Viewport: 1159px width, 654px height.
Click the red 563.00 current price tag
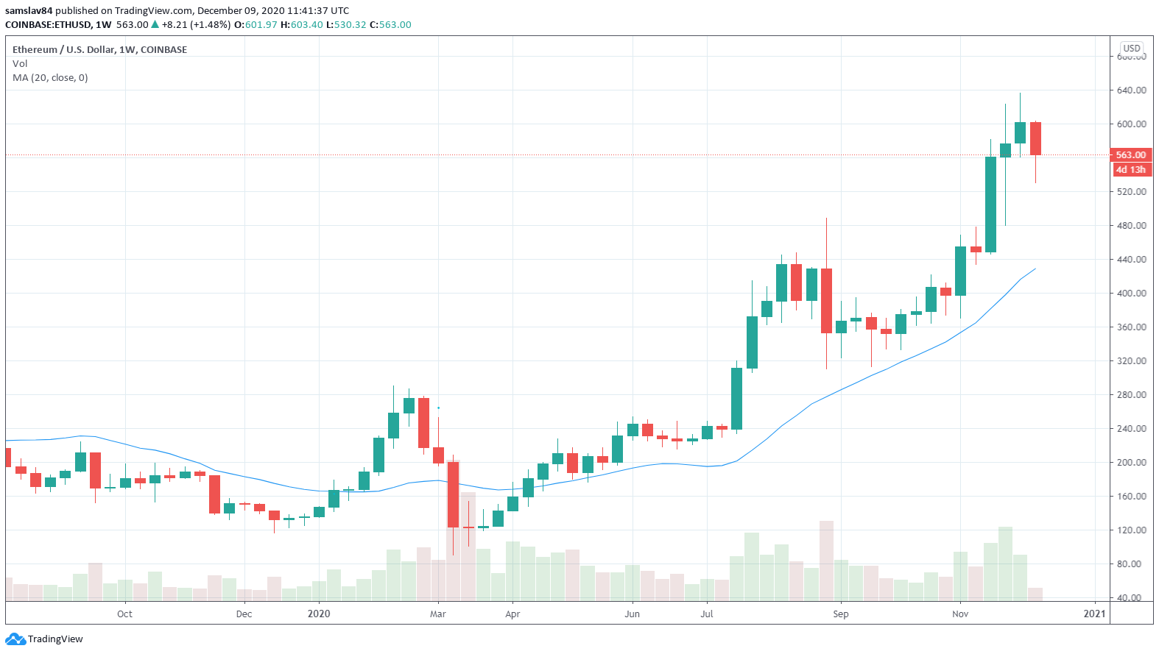click(x=1130, y=155)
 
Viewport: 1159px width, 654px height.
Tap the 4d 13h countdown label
click(x=1130, y=170)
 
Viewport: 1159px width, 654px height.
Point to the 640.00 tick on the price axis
click(x=1131, y=90)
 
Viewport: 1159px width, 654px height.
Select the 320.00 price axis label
click(x=1131, y=361)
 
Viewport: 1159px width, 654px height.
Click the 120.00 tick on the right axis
click(x=1131, y=530)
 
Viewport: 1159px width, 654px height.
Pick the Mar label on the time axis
click(x=438, y=614)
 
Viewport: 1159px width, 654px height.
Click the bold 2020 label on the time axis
click(x=319, y=614)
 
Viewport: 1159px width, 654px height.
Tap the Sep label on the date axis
click(x=841, y=614)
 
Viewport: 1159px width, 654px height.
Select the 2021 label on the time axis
click(x=1094, y=614)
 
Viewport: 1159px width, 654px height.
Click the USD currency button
click(x=1132, y=49)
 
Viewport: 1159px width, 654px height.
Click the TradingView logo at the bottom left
click(x=45, y=639)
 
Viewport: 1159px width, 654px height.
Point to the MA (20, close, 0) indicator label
click(x=50, y=78)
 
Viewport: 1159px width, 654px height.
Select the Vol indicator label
click(x=20, y=64)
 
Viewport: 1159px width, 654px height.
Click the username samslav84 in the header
click(x=29, y=11)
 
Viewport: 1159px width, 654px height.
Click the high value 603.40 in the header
click(x=306, y=25)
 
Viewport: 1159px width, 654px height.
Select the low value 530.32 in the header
click(x=350, y=25)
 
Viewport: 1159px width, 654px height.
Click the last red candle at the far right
click(x=1035, y=138)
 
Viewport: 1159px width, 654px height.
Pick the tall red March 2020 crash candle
click(x=453, y=494)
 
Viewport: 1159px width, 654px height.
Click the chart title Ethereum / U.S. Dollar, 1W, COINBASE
click(x=99, y=50)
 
